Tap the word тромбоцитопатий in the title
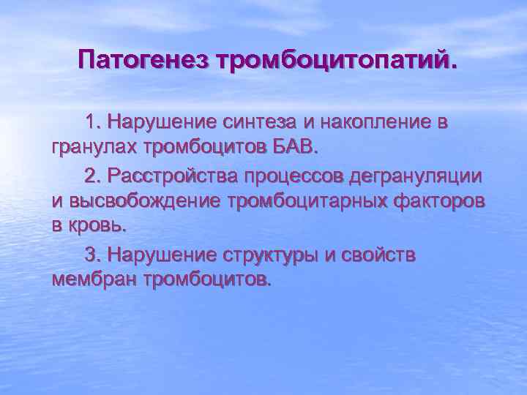(x=333, y=59)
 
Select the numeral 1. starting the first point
(x=92, y=121)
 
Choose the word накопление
(x=364, y=121)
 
